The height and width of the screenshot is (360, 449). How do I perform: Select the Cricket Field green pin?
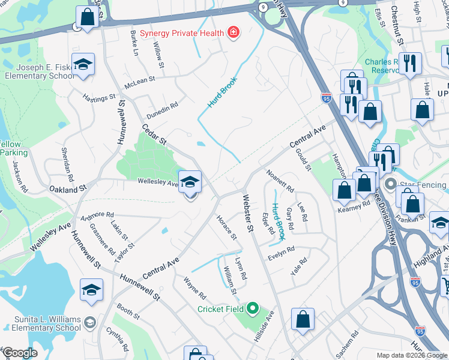[252, 309]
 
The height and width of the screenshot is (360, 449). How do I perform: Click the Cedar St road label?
[154, 134]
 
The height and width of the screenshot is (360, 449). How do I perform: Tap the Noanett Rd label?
[280, 181]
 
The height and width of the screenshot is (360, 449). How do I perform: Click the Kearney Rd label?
[354, 206]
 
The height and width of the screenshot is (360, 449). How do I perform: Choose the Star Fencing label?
[421, 183]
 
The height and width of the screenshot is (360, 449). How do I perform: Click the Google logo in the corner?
[20, 353]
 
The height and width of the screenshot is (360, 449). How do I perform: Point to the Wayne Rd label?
[195, 288]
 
